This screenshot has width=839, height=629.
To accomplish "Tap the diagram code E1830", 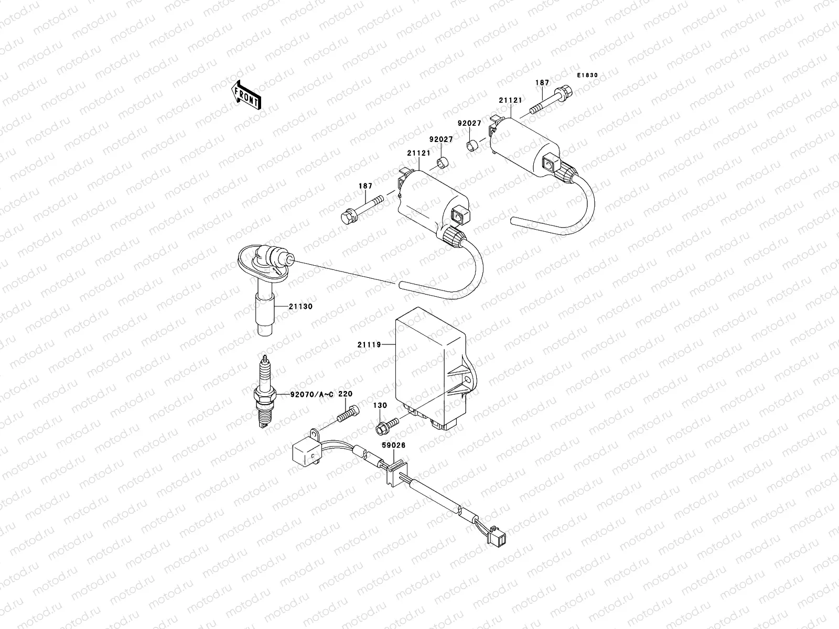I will click(587, 75).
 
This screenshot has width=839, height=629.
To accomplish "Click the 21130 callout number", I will click(300, 306).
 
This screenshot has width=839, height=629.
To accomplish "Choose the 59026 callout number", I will click(393, 444).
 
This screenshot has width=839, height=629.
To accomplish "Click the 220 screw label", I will click(345, 394).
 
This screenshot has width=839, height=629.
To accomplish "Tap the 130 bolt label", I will click(380, 405).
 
